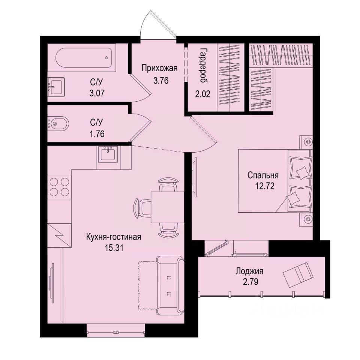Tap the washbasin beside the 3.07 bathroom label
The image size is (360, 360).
click(x=56, y=87)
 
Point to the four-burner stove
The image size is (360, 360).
click(x=60, y=187)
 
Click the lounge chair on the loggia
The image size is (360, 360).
click(x=298, y=273)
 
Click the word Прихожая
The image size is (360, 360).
click(x=159, y=68)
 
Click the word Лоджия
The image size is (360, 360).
click(x=250, y=271)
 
